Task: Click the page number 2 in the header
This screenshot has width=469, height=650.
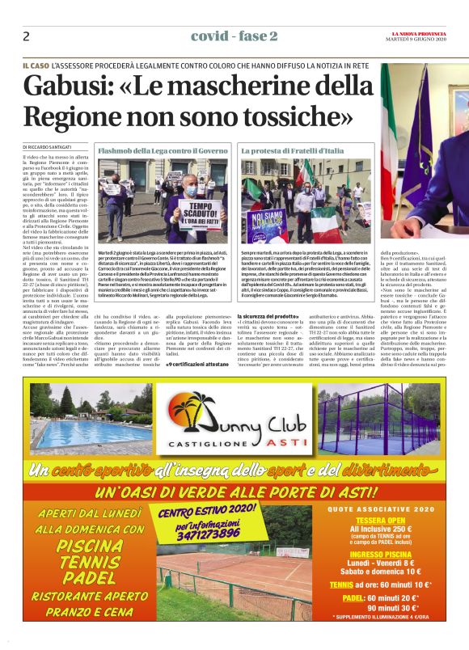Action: click(x=27, y=36)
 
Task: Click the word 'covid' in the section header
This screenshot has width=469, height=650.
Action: click(x=207, y=36)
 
